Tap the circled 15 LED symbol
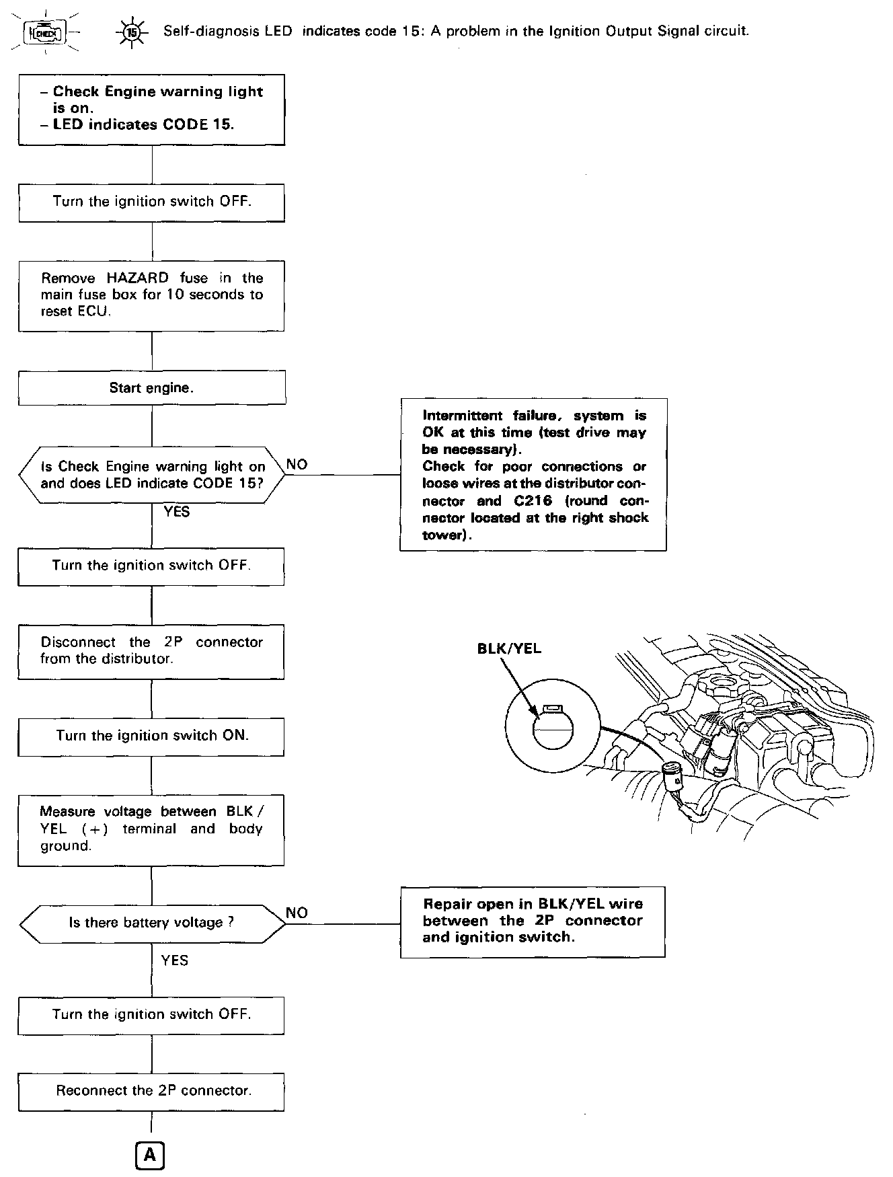(x=132, y=32)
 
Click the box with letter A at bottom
(x=150, y=1155)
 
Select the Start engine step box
(x=152, y=388)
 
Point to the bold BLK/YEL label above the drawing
(x=509, y=648)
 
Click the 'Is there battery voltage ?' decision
(x=152, y=923)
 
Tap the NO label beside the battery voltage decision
(x=297, y=913)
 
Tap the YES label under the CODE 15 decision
(x=177, y=512)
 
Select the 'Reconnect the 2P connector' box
(x=151, y=1091)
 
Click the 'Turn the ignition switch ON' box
(x=151, y=736)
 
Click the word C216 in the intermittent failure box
(x=528, y=501)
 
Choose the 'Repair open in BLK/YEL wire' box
(x=533, y=921)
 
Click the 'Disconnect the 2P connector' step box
(x=151, y=651)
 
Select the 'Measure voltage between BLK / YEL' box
(x=151, y=829)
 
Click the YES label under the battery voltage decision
(x=175, y=960)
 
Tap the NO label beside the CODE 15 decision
(x=297, y=464)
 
